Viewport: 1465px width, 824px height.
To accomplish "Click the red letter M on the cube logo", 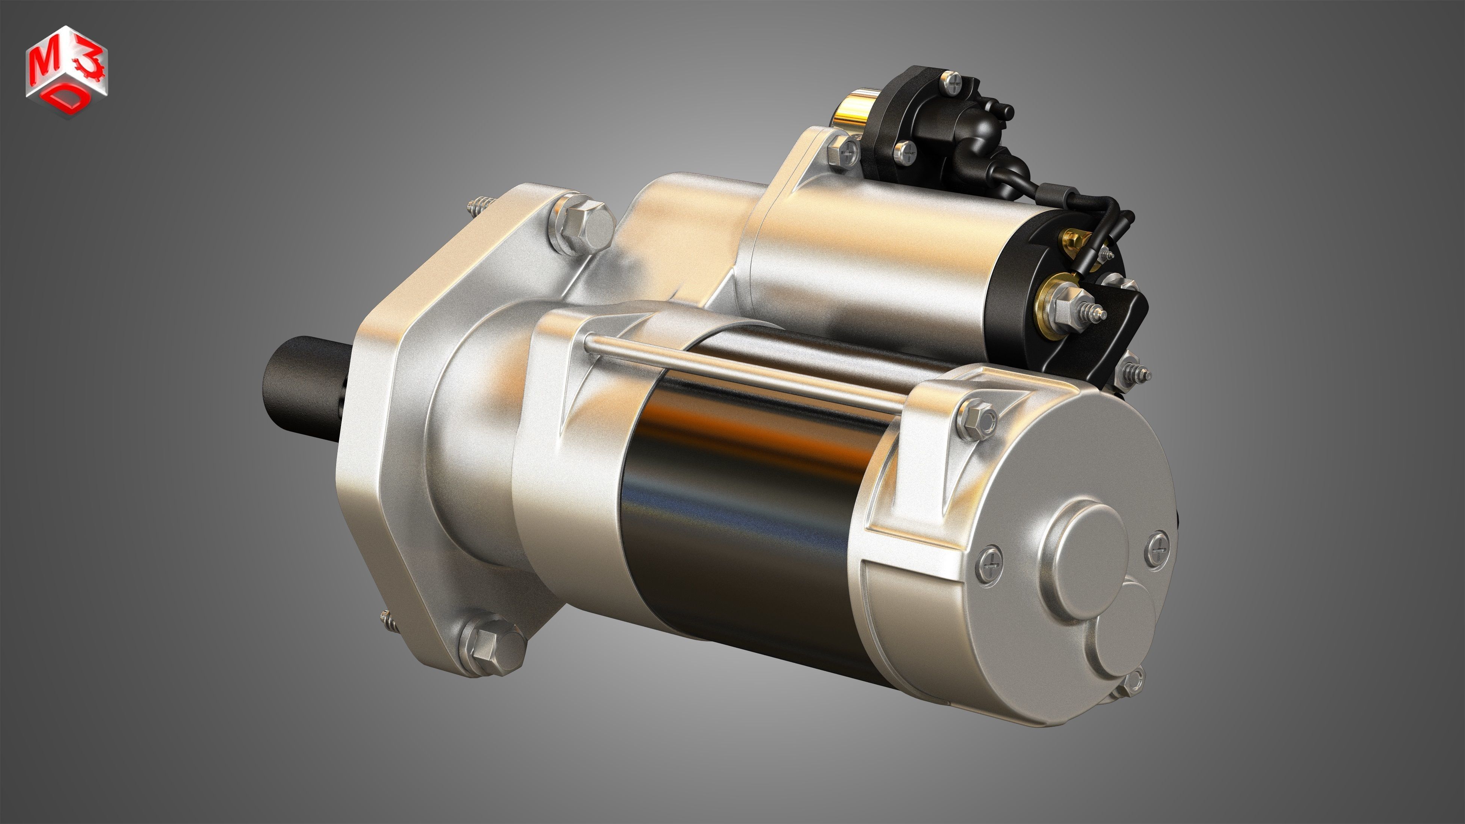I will point(43,67).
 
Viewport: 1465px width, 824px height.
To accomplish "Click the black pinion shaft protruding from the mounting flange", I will point(301,378).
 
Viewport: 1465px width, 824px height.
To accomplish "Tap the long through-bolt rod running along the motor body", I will point(739,372).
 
